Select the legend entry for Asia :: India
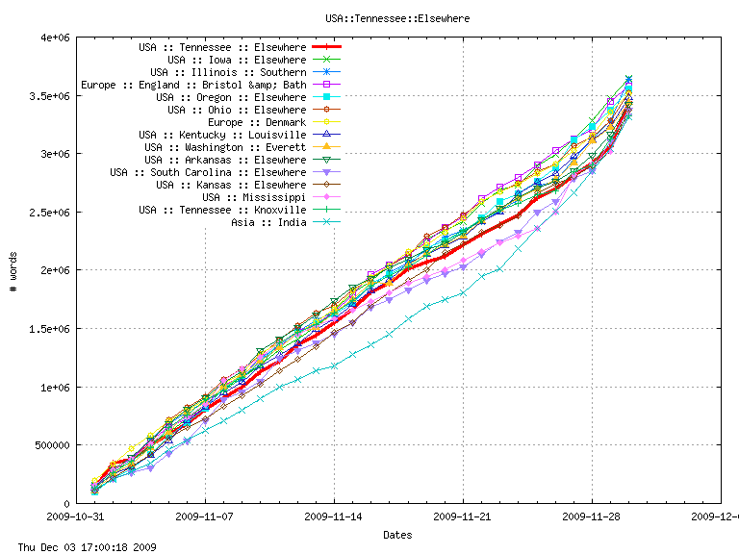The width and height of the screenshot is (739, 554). coord(268,222)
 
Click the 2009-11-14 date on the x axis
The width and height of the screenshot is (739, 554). coord(334,516)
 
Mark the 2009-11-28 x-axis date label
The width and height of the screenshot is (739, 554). coord(592,516)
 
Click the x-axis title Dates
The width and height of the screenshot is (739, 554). coord(397,534)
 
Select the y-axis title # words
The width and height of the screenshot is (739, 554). coord(13,270)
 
